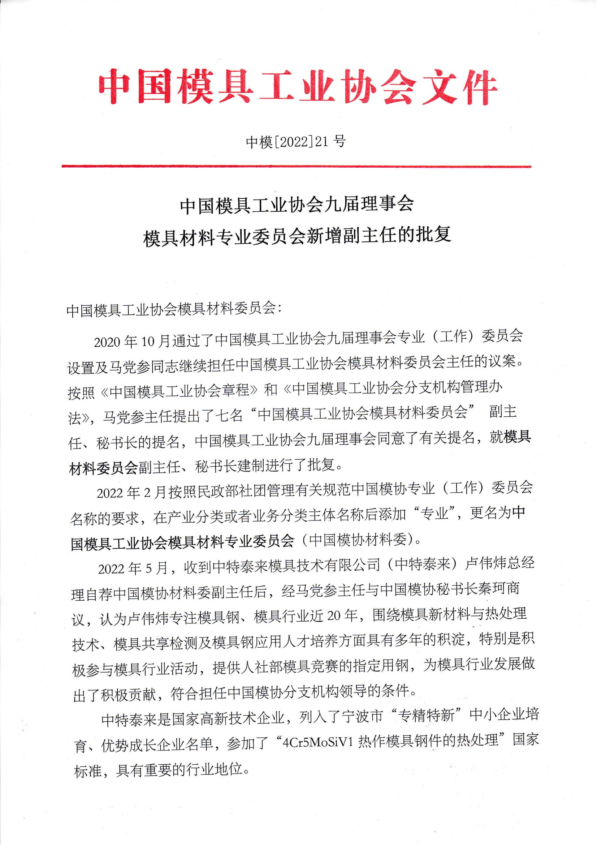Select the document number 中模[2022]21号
[x=296, y=141]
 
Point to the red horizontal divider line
[x=297, y=166]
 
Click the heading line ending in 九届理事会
[x=297, y=205]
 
